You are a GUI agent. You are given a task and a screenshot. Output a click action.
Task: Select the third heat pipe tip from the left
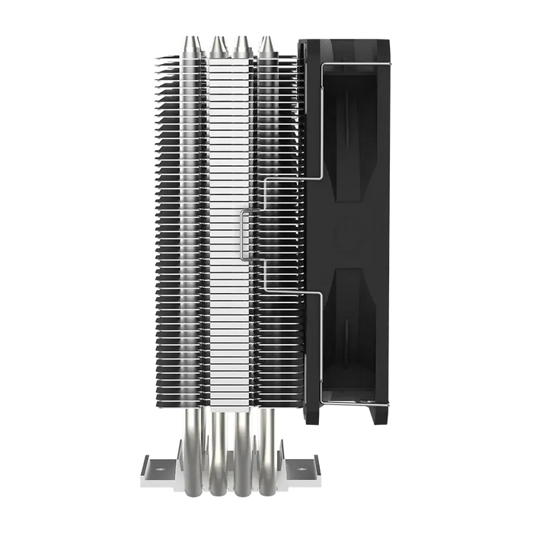241,44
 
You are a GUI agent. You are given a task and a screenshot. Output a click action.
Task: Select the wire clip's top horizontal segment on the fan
358,65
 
